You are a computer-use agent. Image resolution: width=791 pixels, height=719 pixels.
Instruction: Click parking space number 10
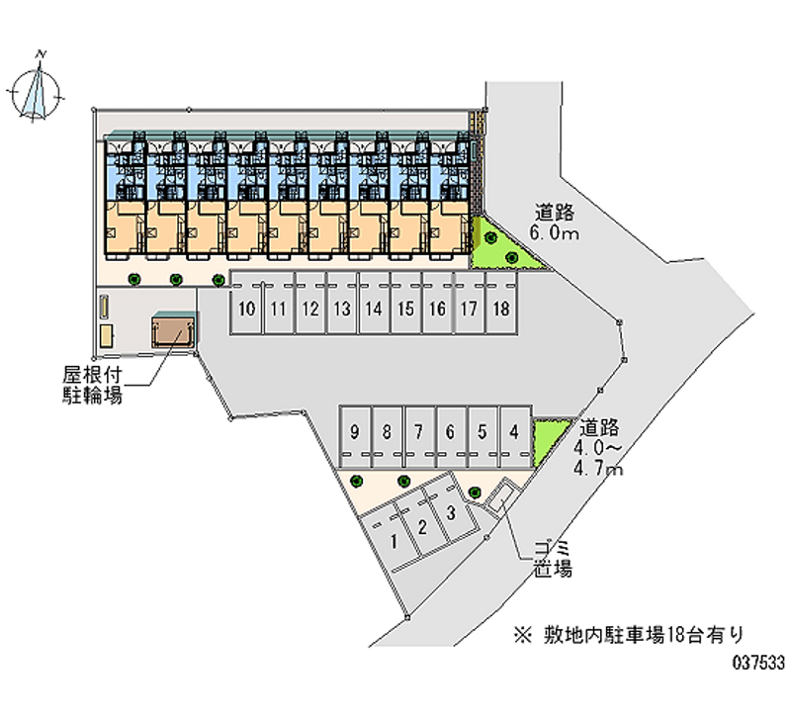pyautogui.click(x=247, y=308)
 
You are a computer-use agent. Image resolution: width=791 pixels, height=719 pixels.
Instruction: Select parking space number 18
pyautogui.click(x=500, y=308)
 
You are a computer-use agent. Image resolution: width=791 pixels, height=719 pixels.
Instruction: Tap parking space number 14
pyautogui.click(x=373, y=308)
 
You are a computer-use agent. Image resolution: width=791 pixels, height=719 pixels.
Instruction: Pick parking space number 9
pyautogui.click(x=356, y=432)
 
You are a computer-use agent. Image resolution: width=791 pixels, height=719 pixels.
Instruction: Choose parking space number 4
pyautogui.click(x=513, y=432)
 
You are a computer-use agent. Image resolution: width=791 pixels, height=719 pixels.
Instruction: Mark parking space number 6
pyautogui.click(x=450, y=432)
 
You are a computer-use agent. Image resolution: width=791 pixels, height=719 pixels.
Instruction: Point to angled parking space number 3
pyautogui.click(x=450, y=513)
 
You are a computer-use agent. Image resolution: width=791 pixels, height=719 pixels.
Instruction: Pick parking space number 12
pyautogui.click(x=310, y=308)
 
